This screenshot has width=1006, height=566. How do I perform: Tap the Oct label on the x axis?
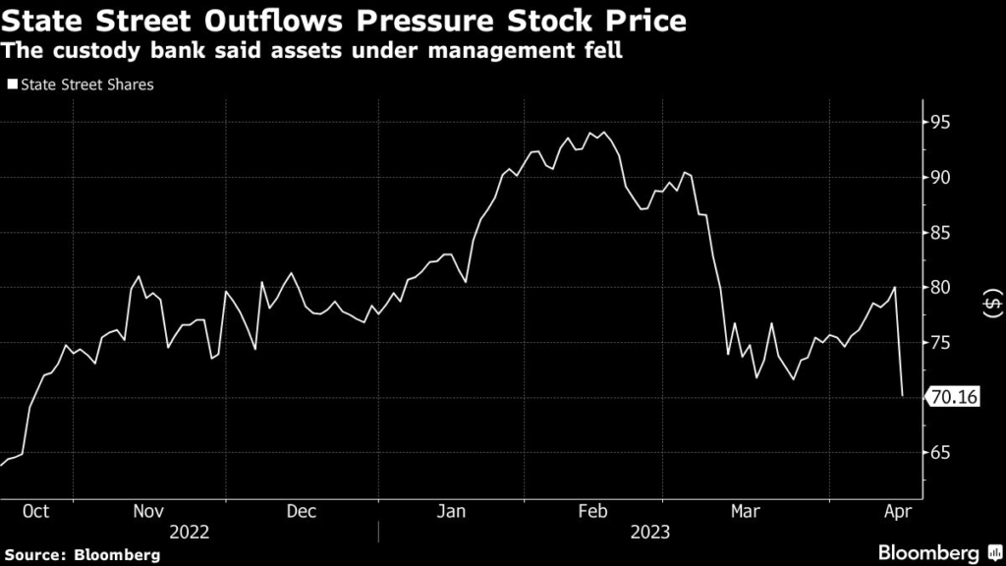[35, 511]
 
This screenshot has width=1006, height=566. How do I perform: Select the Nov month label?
[147, 511]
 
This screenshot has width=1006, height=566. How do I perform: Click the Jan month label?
[450, 511]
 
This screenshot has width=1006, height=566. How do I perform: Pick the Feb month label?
[593, 511]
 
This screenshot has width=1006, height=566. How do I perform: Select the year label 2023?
[649, 532]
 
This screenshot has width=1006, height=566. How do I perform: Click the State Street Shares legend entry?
[81, 85]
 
